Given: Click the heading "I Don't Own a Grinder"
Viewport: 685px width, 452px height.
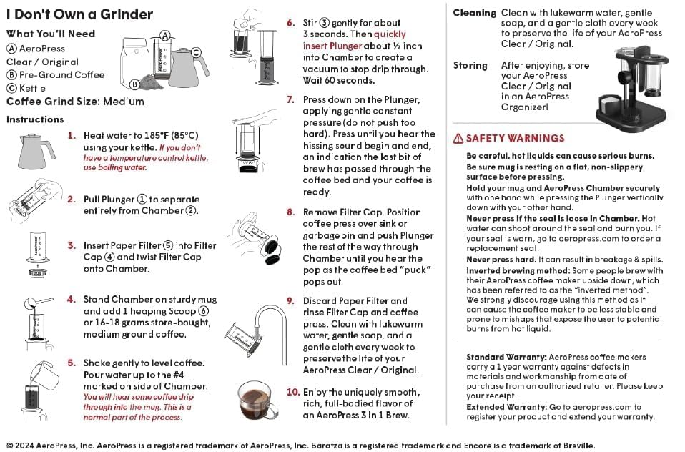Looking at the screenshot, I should [x=79, y=14].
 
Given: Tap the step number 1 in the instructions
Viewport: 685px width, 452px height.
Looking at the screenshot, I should [x=72, y=134].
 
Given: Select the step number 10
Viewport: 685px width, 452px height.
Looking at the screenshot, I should [x=293, y=392].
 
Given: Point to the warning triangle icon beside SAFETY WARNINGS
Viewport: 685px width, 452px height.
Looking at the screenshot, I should [x=458, y=139].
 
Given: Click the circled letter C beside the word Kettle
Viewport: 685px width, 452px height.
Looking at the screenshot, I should [x=11, y=88].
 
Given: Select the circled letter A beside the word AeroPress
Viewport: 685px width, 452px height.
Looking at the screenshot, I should [x=11, y=49].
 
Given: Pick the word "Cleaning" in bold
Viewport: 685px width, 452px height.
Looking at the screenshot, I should [x=474, y=13].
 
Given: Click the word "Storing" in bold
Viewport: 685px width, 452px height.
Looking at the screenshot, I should [x=470, y=65].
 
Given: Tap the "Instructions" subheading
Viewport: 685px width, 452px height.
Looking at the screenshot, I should [x=35, y=119].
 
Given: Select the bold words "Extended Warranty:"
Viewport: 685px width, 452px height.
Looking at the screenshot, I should [x=506, y=407].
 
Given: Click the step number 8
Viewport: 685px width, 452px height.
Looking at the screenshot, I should [x=291, y=212].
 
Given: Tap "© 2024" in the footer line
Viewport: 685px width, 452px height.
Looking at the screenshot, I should [x=22, y=445].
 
